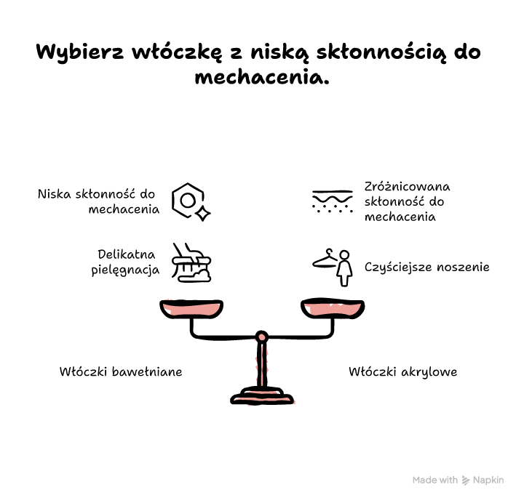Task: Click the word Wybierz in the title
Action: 80,52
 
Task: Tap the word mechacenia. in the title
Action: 262,78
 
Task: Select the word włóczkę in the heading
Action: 177,52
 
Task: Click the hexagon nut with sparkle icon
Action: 191,201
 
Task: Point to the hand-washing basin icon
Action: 191,262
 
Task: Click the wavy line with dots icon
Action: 332,201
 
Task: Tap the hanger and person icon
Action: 333,267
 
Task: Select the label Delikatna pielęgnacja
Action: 125,262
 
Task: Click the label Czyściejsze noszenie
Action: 426,267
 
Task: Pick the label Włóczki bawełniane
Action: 121,371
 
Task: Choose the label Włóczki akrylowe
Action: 402,372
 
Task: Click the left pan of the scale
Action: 191,308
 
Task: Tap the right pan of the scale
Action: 333,307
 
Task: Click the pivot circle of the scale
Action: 262,337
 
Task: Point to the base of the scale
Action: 262,396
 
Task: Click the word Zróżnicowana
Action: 407,186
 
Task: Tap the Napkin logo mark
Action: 466,480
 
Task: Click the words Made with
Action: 435,480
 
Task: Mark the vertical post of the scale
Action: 262,365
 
